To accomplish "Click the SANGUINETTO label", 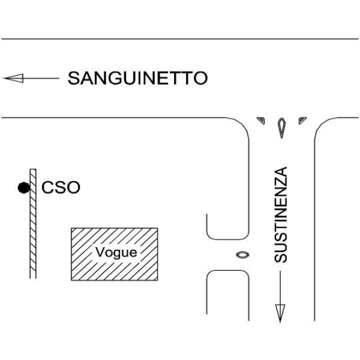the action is click(138, 78).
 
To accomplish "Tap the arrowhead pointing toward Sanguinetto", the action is click(14, 78).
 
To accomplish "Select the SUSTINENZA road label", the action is click(281, 215).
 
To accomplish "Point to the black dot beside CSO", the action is click(24, 188).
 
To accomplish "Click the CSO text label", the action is click(61, 187).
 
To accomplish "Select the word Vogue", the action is click(116, 253).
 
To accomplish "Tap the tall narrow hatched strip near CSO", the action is click(33, 224).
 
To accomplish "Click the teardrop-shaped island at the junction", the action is click(281, 128).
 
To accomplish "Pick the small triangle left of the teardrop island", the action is click(262, 120).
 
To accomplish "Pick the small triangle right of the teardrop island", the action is click(302, 120).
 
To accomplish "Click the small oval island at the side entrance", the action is click(242, 254).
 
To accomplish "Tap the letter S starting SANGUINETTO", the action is click(73, 78).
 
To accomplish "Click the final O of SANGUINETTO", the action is click(200, 78).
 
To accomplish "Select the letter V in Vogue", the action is click(100, 252).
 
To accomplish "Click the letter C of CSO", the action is click(47, 187).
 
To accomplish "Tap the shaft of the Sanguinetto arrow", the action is click(41, 78).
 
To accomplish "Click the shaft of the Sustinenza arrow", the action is click(280, 288).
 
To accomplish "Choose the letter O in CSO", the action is click(73, 187).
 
